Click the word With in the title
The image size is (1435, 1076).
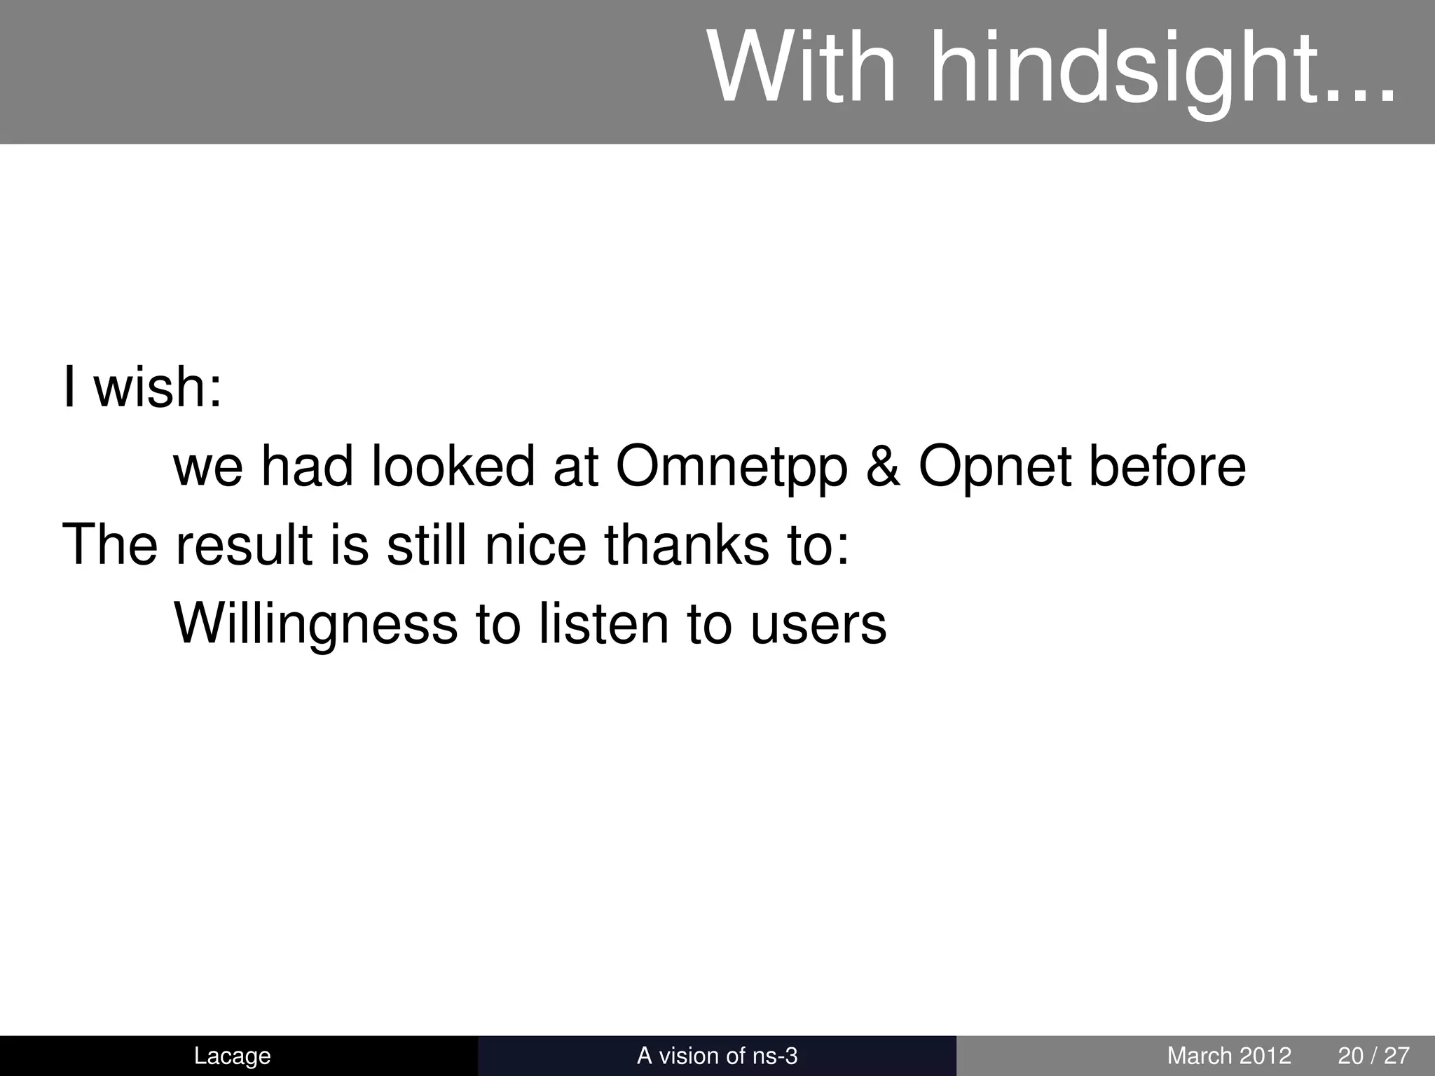pyautogui.click(x=802, y=69)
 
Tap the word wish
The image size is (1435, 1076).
pyautogui.click(x=158, y=387)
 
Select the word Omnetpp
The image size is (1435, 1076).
pyautogui.click(x=732, y=467)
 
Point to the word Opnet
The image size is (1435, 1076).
pyautogui.click(x=995, y=467)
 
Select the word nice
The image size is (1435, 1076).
pyautogui.click(x=535, y=544)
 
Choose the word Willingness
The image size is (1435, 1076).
pyautogui.click(x=315, y=625)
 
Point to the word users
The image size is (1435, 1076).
pyautogui.click(x=818, y=625)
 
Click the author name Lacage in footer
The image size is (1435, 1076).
pyautogui.click(x=232, y=1056)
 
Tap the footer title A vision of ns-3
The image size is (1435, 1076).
pyautogui.click(x=717, y=1056)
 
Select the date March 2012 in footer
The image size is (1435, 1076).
pyautogui.click(x=1229, y=1056)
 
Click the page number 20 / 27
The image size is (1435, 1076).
pyautogui.click(x=1373, y=1056)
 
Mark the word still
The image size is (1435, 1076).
pyautogui.click(x=426, y=544)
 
